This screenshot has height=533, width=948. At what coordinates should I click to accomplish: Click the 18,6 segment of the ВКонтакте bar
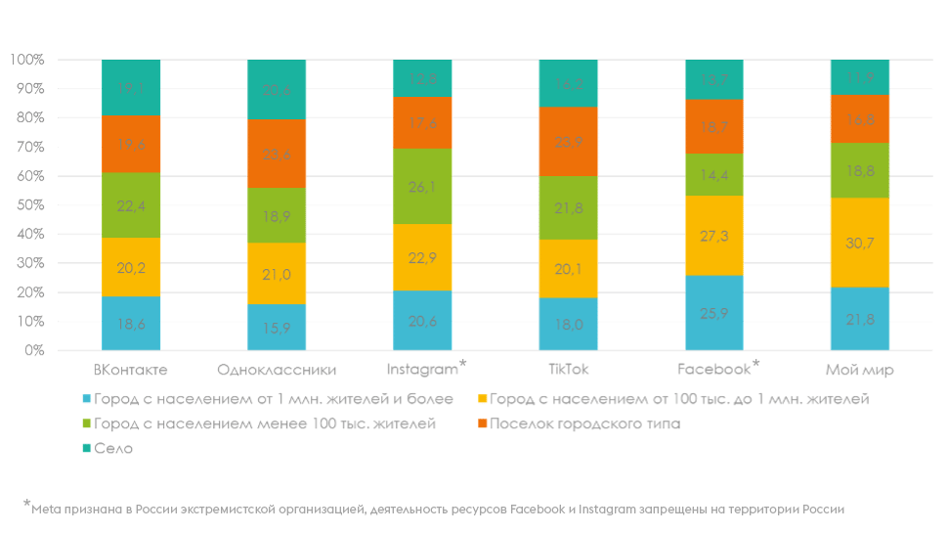point(131,323)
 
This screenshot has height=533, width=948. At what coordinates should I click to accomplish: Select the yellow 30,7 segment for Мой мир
point(860,243)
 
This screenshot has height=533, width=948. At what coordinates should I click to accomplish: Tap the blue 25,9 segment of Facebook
point(714,312)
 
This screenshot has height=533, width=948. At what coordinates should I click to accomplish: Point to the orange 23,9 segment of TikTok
point(568,141)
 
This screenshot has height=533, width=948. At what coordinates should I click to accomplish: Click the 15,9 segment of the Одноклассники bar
point(277,327)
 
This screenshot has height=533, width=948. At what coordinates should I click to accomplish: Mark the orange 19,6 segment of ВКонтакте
point(131,143)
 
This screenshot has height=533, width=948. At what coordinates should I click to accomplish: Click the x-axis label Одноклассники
point(277,370)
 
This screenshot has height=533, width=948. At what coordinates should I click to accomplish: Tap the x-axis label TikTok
point(568,370)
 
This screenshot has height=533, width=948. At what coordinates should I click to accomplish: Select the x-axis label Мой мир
point(860,370)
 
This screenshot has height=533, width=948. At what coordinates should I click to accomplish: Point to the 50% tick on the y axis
point(27,205)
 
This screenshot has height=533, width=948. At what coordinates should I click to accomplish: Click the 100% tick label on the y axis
point(26,60)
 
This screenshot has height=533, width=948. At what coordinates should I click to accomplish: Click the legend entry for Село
point(113,448)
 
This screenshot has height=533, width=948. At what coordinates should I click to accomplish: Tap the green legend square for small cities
point(87,423)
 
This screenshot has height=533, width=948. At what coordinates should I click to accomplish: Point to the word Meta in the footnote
point(45,509)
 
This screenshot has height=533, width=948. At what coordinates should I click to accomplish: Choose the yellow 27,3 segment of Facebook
point(714,236)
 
